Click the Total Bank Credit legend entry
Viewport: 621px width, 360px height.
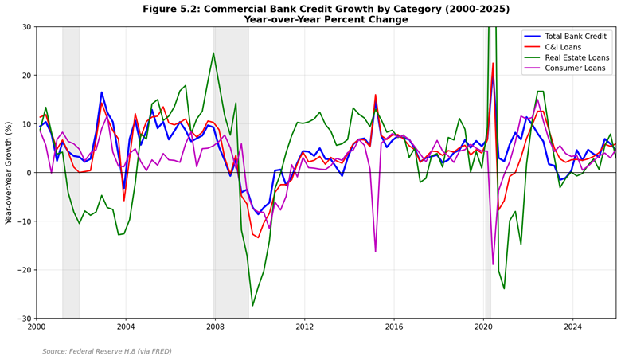coord(568,37)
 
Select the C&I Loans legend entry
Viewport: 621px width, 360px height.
coord(568,50)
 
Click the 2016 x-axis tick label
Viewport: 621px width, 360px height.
coord(394,327)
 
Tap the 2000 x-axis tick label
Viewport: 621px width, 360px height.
coord(36,327)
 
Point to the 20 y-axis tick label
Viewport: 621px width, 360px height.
coord(25,76)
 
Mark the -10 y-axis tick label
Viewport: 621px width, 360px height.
coord(22,221)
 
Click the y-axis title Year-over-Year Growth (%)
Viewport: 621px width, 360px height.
coord(9,173)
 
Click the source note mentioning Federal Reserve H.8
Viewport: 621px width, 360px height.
coord(107,351)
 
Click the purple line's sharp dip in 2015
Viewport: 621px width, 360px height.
coord(375,252)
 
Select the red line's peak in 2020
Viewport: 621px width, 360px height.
coord(493,64)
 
